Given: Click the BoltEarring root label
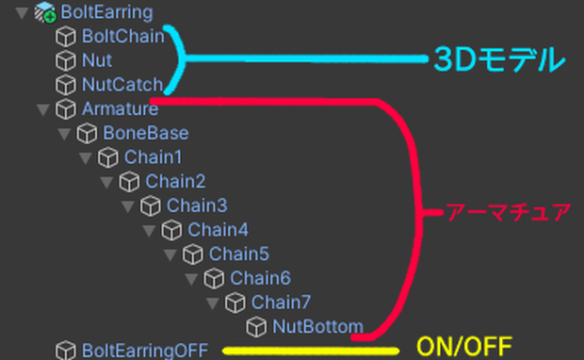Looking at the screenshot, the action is (106, 12).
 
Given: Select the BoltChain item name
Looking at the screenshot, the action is (122, 36).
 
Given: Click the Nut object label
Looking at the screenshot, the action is (97, 60).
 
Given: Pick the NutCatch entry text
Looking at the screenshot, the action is (122, 85).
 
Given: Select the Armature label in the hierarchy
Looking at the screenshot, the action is (120, 108).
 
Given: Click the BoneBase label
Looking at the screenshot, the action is (146, 133).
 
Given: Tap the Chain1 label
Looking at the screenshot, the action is (154, 156).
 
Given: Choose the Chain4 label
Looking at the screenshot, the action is (218, 230).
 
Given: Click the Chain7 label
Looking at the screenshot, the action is (282, 302).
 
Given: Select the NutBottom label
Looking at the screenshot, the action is (317, 326).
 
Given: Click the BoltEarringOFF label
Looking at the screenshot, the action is (145, 351).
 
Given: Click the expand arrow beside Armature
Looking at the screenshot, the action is (42, 109).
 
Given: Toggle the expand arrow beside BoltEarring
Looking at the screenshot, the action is (22, 12).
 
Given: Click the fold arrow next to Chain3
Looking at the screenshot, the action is (127, 206).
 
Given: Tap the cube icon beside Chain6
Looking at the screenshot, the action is (214, 278).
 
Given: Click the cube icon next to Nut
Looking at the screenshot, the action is (66, 60).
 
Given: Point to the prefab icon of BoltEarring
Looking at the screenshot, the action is (45, 12).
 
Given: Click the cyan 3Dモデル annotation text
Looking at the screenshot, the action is (499, 59).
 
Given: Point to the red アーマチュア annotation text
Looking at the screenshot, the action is (509, 212).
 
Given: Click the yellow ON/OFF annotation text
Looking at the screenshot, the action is (464, 347).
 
